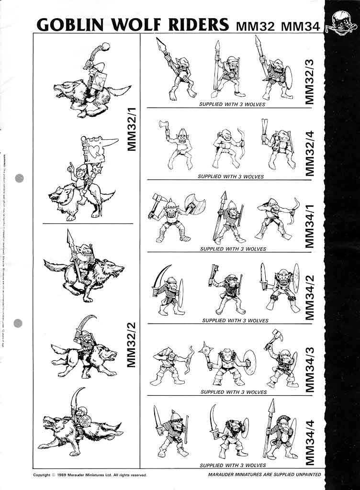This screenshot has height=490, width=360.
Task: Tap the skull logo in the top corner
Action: pos(341,22)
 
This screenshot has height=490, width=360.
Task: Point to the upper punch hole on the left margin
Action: pos(19,178)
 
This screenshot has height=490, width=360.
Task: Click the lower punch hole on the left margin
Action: pos(19,323)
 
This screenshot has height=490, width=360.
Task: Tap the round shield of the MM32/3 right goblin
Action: pos(289,76)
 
